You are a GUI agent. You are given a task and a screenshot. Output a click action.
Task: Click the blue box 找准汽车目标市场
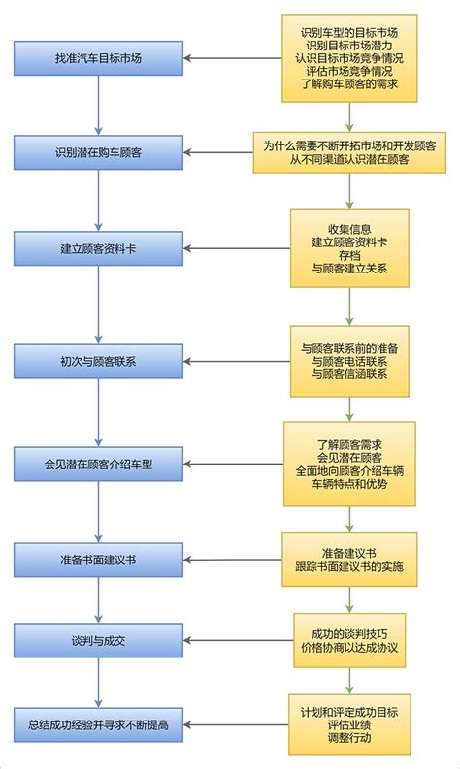99,59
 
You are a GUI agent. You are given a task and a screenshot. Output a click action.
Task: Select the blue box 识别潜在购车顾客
99,152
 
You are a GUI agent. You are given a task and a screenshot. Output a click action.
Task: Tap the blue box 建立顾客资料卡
99,249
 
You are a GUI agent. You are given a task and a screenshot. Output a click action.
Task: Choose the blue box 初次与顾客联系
99,362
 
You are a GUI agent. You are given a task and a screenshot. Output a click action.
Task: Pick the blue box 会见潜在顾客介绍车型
99,464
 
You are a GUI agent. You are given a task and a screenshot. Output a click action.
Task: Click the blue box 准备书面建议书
99,560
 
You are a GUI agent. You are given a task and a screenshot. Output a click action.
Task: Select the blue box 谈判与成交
99,640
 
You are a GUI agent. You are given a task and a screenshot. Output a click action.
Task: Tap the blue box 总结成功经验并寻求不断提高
99,724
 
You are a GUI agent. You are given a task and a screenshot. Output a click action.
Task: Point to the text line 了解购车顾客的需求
350,85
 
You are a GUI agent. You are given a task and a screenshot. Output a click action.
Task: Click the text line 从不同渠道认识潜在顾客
349,159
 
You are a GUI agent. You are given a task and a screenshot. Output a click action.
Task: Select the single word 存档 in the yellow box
350,254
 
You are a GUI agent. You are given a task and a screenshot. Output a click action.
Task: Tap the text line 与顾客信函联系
350,374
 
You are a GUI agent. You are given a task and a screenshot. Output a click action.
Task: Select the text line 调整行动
350,737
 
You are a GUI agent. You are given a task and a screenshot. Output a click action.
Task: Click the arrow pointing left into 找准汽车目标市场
233,59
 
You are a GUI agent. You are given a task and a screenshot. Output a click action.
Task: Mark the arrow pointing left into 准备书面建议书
233,560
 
